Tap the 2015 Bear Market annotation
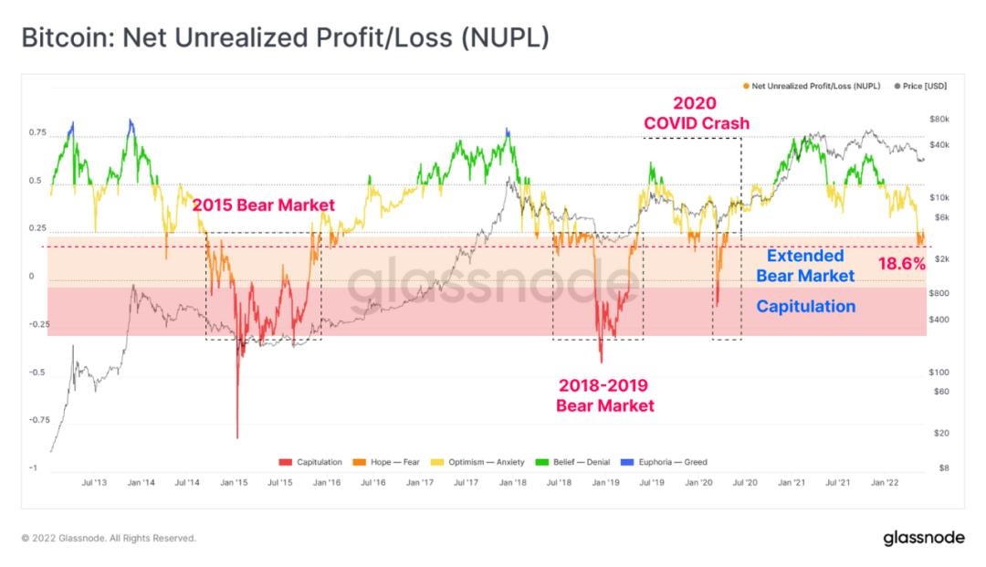(263, 205)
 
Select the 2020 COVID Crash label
(697, 113)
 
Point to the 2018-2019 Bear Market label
(604, 396)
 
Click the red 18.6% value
(901, 264)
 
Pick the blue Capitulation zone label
(806, 307)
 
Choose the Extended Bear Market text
(805, 266)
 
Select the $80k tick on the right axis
(940, 120)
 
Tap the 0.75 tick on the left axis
(37, 133)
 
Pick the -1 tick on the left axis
(34, 468)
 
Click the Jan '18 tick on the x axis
(513, 482)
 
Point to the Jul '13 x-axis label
(92, 482)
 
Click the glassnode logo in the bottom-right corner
(923, 538)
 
